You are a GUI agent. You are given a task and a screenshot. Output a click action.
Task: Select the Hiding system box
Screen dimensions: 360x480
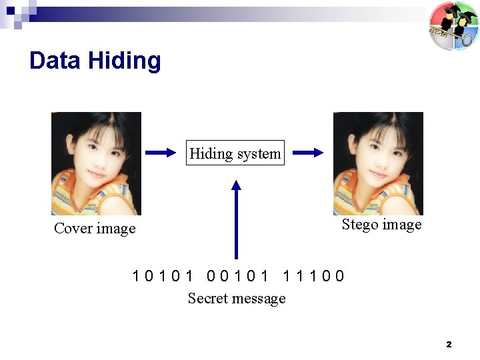(235, 153)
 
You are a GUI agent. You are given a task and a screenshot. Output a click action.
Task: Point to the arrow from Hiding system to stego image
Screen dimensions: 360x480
(307, 153)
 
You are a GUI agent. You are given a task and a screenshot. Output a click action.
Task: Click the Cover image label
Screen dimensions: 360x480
(95, 229)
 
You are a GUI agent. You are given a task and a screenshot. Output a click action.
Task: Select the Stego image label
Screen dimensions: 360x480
(381, 225)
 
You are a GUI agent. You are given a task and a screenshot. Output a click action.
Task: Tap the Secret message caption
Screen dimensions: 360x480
(237, 299)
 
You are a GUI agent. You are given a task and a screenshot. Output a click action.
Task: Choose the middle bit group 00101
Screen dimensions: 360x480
(238, 275)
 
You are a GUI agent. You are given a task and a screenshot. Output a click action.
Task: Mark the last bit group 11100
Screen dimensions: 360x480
(313, 275)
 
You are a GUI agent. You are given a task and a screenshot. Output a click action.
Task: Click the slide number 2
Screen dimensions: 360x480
(449, 345)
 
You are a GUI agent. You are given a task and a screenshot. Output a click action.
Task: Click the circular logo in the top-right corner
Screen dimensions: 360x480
(453, 26)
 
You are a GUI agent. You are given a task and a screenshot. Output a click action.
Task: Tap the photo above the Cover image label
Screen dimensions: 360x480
(96, 163)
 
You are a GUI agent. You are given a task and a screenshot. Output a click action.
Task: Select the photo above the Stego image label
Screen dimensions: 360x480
(378, 163)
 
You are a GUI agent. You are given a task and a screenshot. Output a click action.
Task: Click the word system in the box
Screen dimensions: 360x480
(258, 153)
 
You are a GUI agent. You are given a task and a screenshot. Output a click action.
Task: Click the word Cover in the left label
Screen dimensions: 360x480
(73, 229)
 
